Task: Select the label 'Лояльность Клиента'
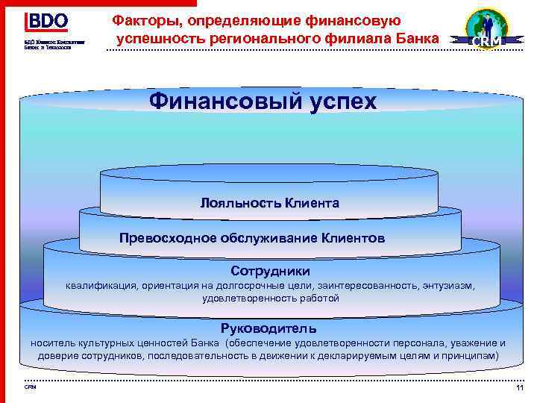269,203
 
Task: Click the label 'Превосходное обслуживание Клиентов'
252,239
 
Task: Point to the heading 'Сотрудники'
270,271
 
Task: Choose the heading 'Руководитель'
268,328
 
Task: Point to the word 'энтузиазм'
447,285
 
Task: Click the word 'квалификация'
95,285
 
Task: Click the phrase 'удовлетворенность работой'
270,299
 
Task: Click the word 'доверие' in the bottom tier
58,357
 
